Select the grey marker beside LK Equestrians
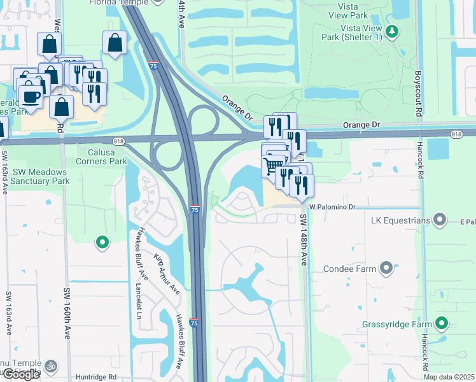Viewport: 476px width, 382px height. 440,221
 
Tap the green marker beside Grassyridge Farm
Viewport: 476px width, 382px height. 441,324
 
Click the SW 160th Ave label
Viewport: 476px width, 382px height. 66,313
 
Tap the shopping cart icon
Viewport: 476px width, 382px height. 273,166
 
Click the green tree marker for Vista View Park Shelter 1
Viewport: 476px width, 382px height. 393,30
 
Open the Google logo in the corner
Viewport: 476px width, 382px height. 21,374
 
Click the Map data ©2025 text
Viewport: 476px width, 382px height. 449,377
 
